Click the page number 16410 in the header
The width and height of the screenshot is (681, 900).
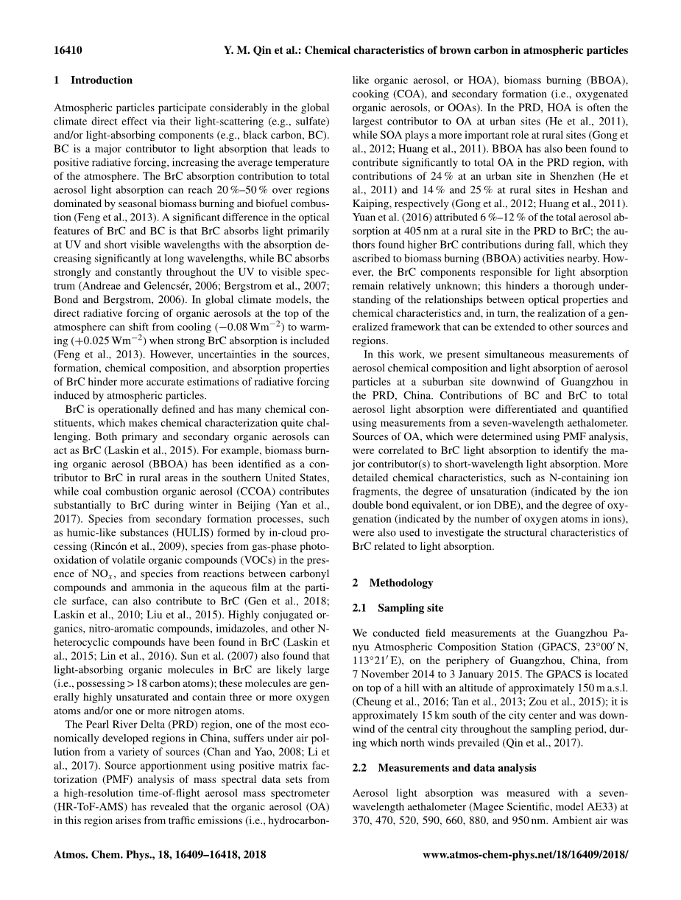tap(68, 51)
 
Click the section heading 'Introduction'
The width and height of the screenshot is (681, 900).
tap(102, 80)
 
